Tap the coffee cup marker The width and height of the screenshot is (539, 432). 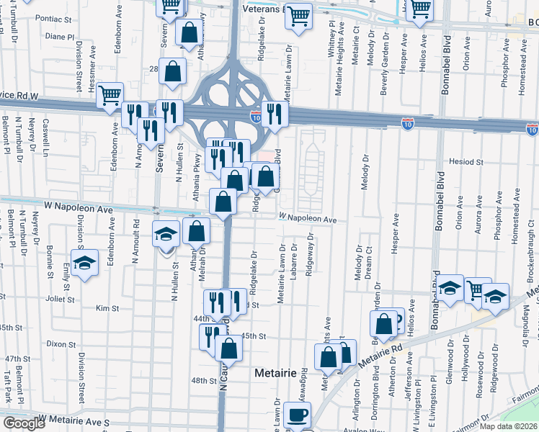[296, 415]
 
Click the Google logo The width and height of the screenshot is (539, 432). [23, 424]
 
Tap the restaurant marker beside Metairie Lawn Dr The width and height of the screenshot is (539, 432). [274, 113]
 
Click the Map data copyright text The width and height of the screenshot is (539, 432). [508, 426]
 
